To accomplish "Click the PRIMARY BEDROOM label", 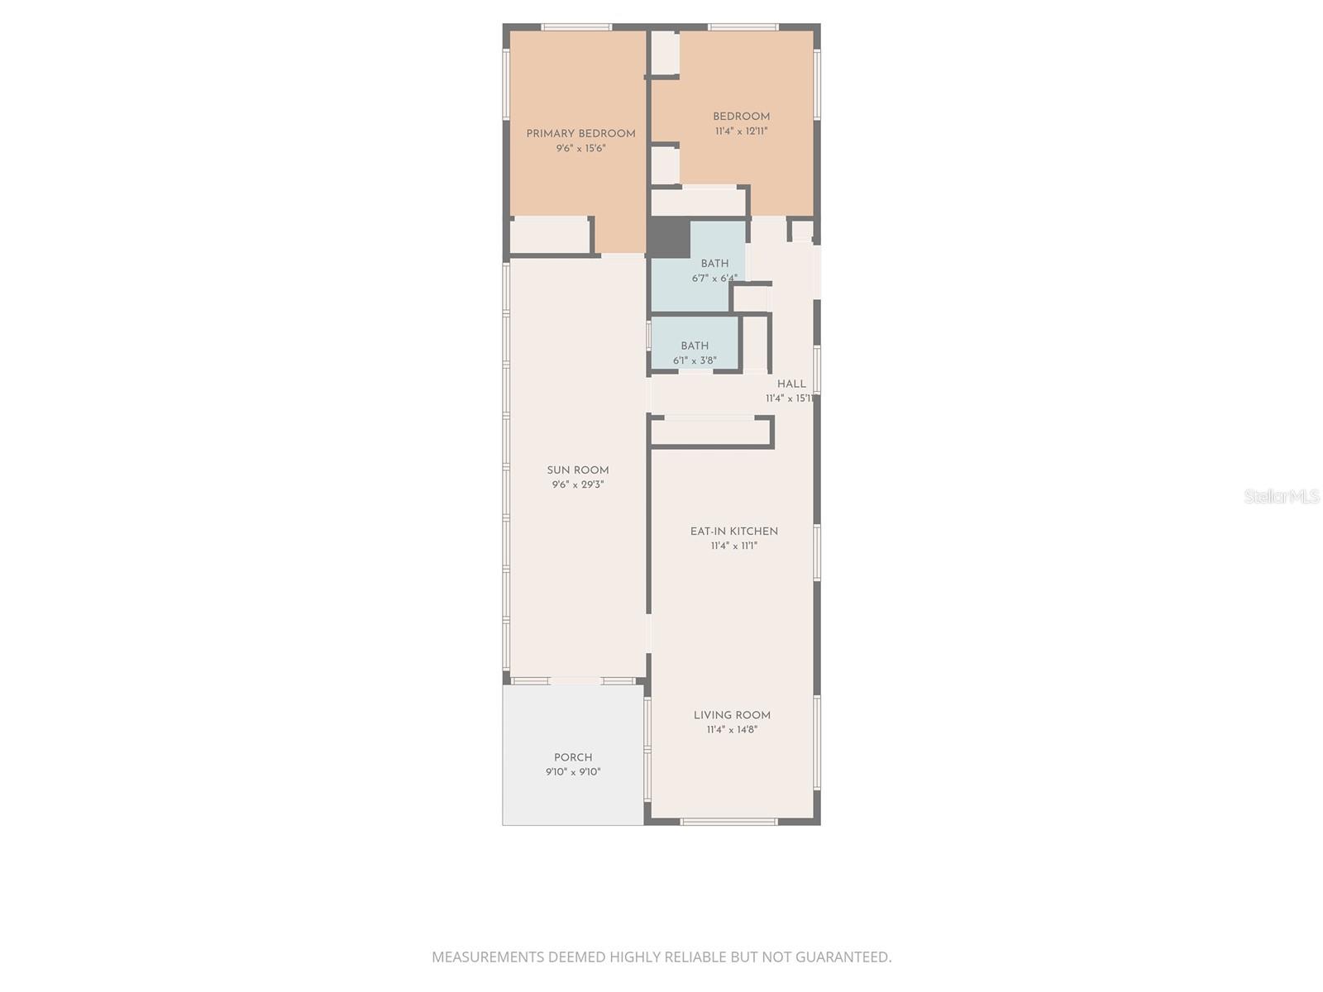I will pyautogui.click(x=580, y=134).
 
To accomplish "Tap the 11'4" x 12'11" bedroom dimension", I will pyautogui.click(x=741, y=131).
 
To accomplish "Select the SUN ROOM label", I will pyautogui.click(x=578, y=470).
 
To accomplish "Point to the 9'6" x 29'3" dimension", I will pyautogui.click(x=578, y=485).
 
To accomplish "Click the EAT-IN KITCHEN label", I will pyautogui.click(x=734, y=532).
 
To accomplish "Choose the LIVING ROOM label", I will pyautogui.click(x=732, y=715).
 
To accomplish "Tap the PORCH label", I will pyautogui.click(x=573, y=757).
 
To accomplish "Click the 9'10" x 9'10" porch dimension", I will pyautogui.click(x=573, y=772).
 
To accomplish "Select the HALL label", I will pyautogui.click(x=791, y=384).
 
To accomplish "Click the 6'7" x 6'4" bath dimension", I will pyautogui.click(x=714, y=279).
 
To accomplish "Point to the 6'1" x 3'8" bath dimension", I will pyautogui.click(x=695, y=360).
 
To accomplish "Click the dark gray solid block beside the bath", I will pyautogui.click(x=669, y=238).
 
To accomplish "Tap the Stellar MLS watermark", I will pyautogui.click(x=1282, y=496).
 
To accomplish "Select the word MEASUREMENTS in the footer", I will pyautogui.click(x=489, y=957).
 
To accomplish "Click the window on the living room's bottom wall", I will pyautogui.click(x=728, y=822).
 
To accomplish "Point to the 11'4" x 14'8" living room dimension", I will pyautogui.click(x=732, y=730).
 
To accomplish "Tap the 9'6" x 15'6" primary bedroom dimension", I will pyautogui.click(x=580, y=149).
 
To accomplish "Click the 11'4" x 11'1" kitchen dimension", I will pyautogui.click(x=734, y=546).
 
